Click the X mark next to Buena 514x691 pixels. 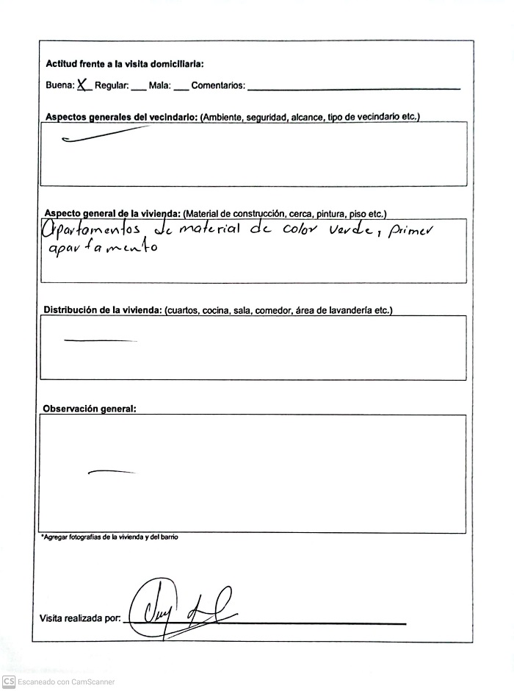point(83,85)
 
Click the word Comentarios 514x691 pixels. point(218,86)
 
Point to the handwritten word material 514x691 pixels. point(209,231)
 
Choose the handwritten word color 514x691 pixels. point(297,231)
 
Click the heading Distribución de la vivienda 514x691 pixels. point(103,310)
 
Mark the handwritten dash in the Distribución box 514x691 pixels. point(101,340)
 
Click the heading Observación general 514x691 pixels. point(90,408)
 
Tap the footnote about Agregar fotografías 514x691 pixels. point(109,537)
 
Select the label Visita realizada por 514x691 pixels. point(80,619)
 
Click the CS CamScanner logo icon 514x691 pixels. point(9,681)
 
